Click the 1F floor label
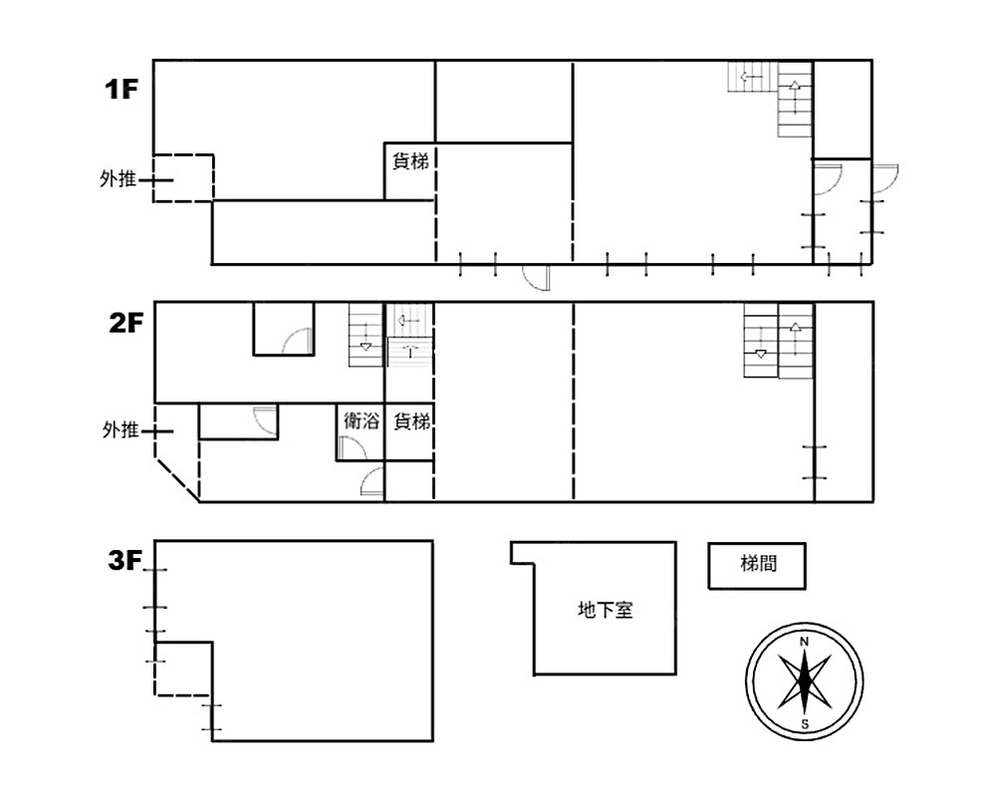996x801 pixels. (122, 90)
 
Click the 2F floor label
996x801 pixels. (126, 324)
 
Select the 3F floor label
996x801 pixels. (124, 561)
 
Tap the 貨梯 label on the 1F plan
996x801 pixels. (410, 161)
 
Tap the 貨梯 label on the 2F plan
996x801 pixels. (411, 420)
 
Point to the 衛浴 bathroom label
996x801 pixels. (361, 420)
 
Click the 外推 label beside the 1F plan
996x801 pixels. (119, 179)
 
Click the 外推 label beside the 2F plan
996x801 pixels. (121, 430)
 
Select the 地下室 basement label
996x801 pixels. (606, 611)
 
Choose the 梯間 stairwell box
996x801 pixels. (757, 565)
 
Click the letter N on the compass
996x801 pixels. (804, 642)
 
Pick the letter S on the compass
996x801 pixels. (805, 724)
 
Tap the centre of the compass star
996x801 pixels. (804, 682)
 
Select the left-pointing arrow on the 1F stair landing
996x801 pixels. (751, 78)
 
